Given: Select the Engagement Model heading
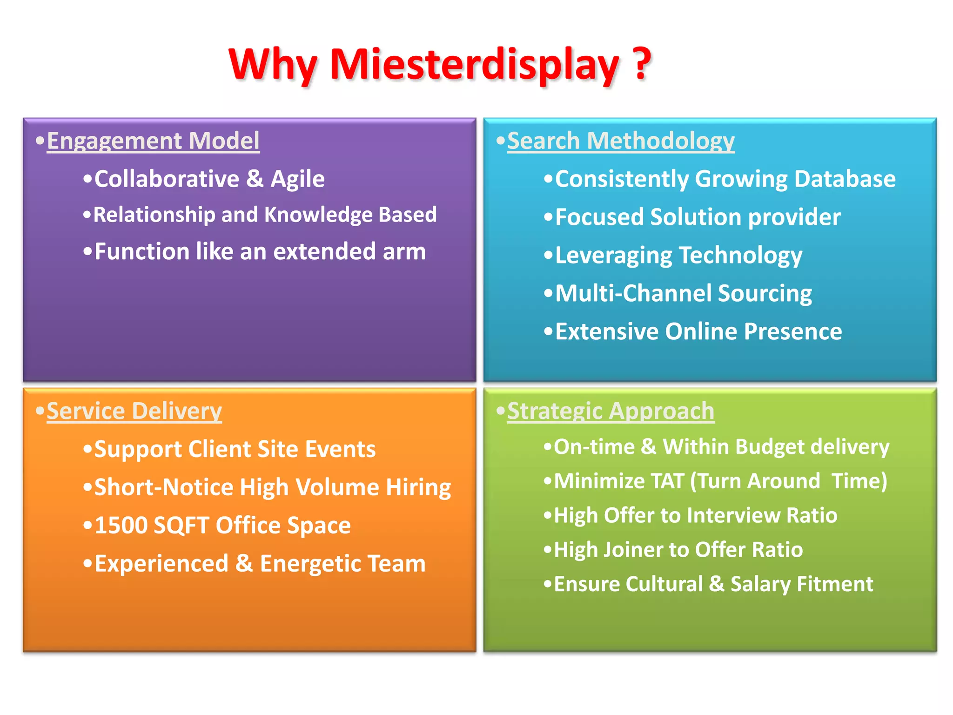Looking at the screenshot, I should point(153,141).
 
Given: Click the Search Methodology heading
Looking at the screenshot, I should point(621,141).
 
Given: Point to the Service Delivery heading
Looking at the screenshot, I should point(134,411).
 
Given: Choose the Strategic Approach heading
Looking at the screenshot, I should point(611,411).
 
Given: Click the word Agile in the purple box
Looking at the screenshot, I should point(298,179).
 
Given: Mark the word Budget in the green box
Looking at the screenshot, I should point(770,447).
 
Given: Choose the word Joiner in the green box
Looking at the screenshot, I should point(631,550).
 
